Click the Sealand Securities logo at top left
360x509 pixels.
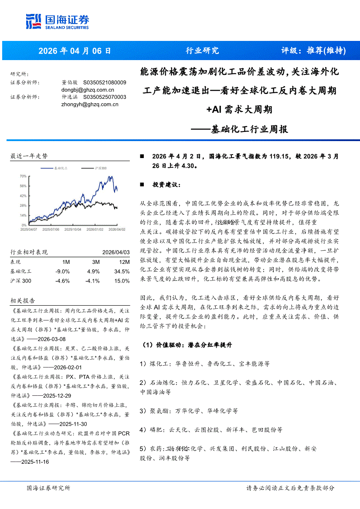pyautogui.click(x=57, y=21)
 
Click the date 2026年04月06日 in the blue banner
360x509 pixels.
pyautogui.click(x=75, y=51)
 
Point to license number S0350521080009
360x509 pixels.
pyautogui.click(x=105, y=82)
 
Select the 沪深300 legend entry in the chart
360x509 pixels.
pyautogui.click(x=101, y=168)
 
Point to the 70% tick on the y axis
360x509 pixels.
pyautogui.click(x=23, y=176)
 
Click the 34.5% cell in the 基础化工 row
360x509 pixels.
pyautogui.click(x=122, y=271)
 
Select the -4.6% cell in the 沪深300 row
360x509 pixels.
pyautogui.click(x=63, y=281)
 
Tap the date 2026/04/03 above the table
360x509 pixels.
pyautogui.click(x=116, y=252)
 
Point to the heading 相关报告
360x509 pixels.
pyautogui.click(x=23, y=301)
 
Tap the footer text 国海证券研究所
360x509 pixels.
pyautogui.click(x=48, y=488)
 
